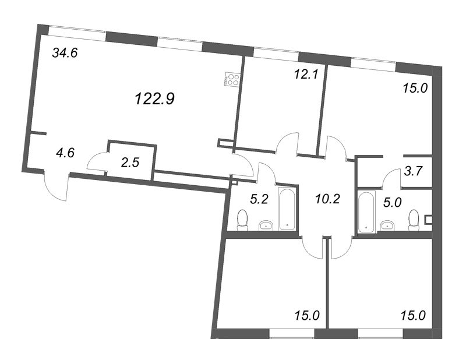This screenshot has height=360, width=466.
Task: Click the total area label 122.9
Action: [x=154, y=98]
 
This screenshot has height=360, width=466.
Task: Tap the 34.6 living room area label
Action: [x=65, y=53]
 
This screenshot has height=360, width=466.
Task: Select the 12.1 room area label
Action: [x=306, y=75]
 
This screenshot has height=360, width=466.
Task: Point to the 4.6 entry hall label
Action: [x=65, y=153]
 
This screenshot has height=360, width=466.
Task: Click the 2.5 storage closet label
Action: [x=130, y=163]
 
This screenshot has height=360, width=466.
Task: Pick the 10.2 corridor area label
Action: [x=327, y=199]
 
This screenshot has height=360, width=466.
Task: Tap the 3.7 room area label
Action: [x=414, y=171]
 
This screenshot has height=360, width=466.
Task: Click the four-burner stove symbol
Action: [x=232, y=79]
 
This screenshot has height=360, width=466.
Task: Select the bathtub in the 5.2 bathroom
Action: [x=287, y=209]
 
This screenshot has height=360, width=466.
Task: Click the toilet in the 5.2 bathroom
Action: [x=242, y=220]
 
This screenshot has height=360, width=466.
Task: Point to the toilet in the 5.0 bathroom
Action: [x=414, y=220]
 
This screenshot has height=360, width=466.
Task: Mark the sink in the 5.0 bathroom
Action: [x=387, y=225]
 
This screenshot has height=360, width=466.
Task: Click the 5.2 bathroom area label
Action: [x=259, y=199]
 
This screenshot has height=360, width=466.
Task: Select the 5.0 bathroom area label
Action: [x=392, y=203]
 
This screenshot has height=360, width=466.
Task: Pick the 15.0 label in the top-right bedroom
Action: [x=415, y=89]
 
